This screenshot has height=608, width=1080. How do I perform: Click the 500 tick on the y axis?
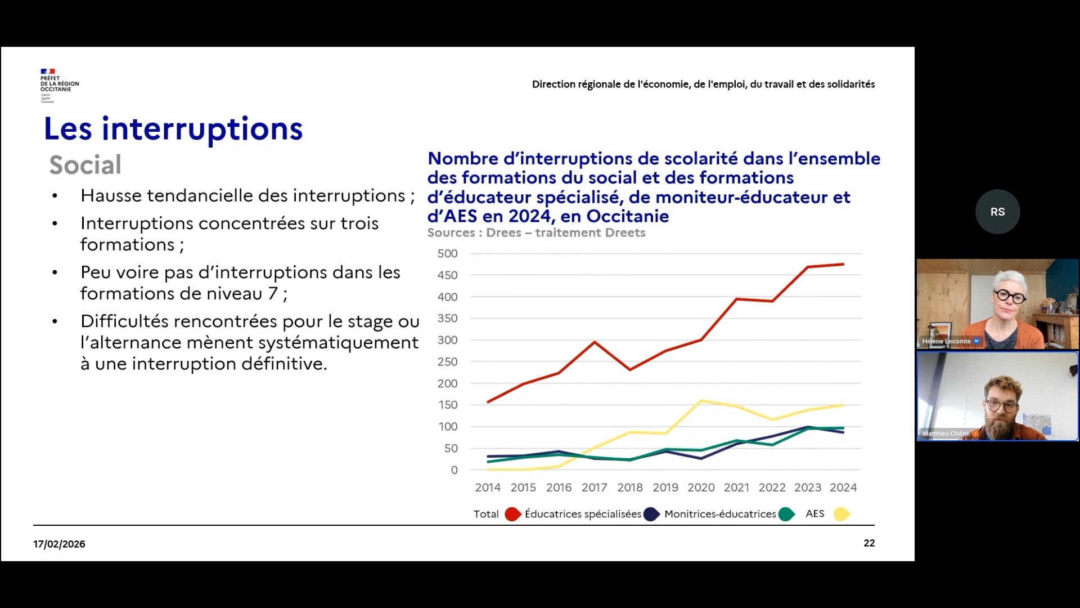click(447, 254)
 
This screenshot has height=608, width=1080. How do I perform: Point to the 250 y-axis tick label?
click(447, 362)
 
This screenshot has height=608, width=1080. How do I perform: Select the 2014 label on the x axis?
click(487, 488)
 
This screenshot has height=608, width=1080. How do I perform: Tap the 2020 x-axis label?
click(701, 488)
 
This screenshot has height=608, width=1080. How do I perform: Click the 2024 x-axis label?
click(843, 488)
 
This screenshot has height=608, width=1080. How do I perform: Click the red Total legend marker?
click(512, 514)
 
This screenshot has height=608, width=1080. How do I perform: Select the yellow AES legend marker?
click(841, 514)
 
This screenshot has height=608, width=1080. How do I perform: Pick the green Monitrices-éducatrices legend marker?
click(786, 514)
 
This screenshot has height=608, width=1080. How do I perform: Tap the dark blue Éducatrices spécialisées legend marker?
click(651, 514)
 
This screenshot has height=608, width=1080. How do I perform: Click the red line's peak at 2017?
click(595, 342)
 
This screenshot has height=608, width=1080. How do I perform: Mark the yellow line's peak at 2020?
click(701, 401)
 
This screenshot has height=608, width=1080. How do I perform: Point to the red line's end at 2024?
click(843, 264)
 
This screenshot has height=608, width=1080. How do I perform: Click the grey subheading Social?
click(85, 165)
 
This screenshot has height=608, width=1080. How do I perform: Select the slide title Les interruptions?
click(173, 128)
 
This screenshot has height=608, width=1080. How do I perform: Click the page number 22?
click(869, 543)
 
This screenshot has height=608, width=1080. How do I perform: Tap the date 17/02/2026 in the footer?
click(59, 544)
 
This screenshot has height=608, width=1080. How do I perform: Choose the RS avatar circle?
click(997, 212)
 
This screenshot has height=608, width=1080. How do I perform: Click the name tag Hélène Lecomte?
click(947, 341)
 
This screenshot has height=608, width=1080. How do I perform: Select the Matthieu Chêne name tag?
click(946, 433)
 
